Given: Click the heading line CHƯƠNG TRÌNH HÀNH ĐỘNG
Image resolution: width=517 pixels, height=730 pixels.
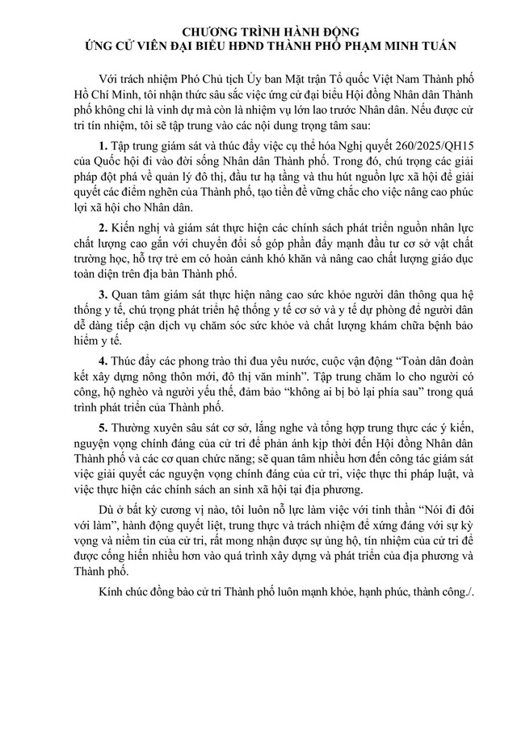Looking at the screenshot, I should pyautogui.click(x=258, y=33).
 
